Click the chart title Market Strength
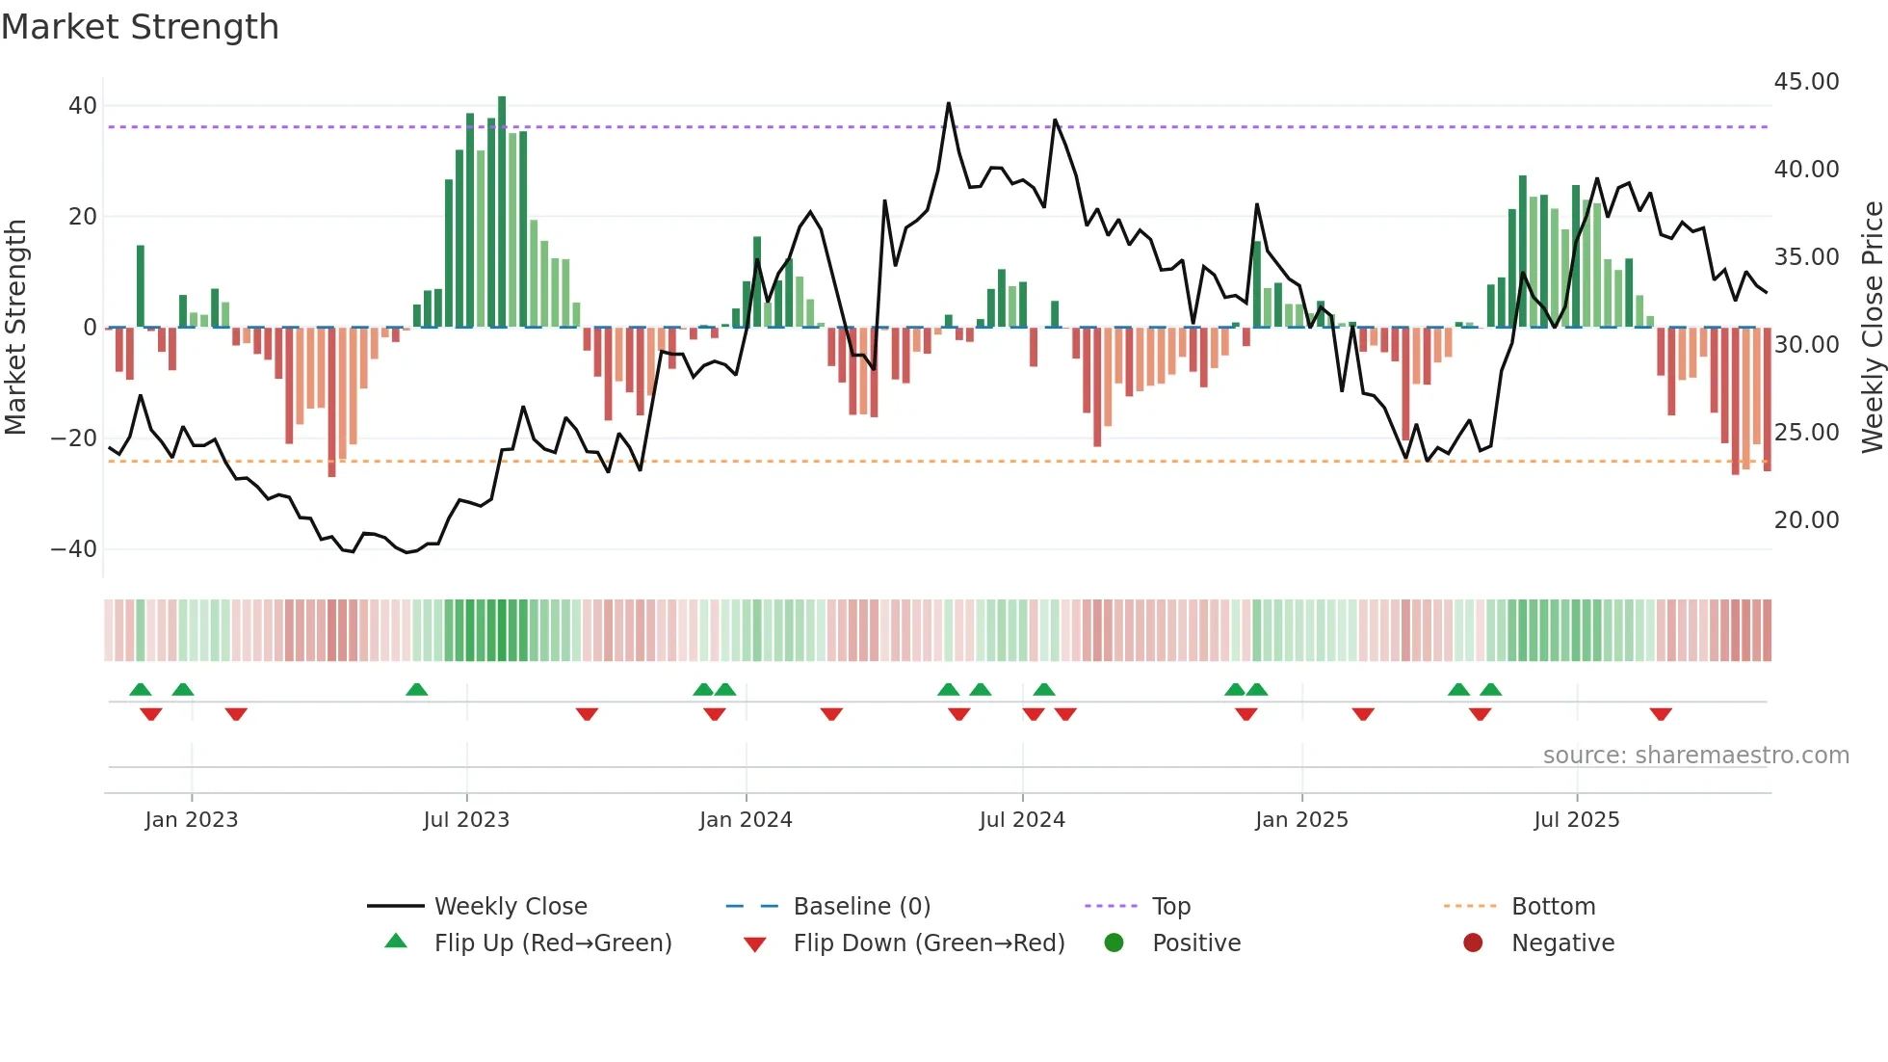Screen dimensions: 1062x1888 [x=140, y=27]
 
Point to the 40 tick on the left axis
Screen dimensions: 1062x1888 [x=83, y=106]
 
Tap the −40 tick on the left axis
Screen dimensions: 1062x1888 [x=74, y=549]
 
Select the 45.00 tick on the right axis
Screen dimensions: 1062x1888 [x=1806, y=82]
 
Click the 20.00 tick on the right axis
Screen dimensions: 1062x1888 [x=1806, y=520]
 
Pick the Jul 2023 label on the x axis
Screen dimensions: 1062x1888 [x=466, y=820]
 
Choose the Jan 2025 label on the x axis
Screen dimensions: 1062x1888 [x=1301, y=820]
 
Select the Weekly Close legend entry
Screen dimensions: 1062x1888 [x=511, y=907]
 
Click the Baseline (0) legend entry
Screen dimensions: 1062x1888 [x=861, y=907]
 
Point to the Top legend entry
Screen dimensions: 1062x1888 [x=1171, y=907]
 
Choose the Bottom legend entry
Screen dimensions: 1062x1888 [x=1553, y=907]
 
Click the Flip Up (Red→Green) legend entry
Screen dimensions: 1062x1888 [x=553, y=943]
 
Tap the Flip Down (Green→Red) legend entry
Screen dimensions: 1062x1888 [x=929, y=943]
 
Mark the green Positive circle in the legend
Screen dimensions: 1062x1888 [x=1114, y=943]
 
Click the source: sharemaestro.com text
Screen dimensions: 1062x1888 [x=1695, y=756]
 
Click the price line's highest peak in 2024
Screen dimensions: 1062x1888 [x=949, y=104]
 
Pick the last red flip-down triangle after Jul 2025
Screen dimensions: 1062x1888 [x=1661, y=714]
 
